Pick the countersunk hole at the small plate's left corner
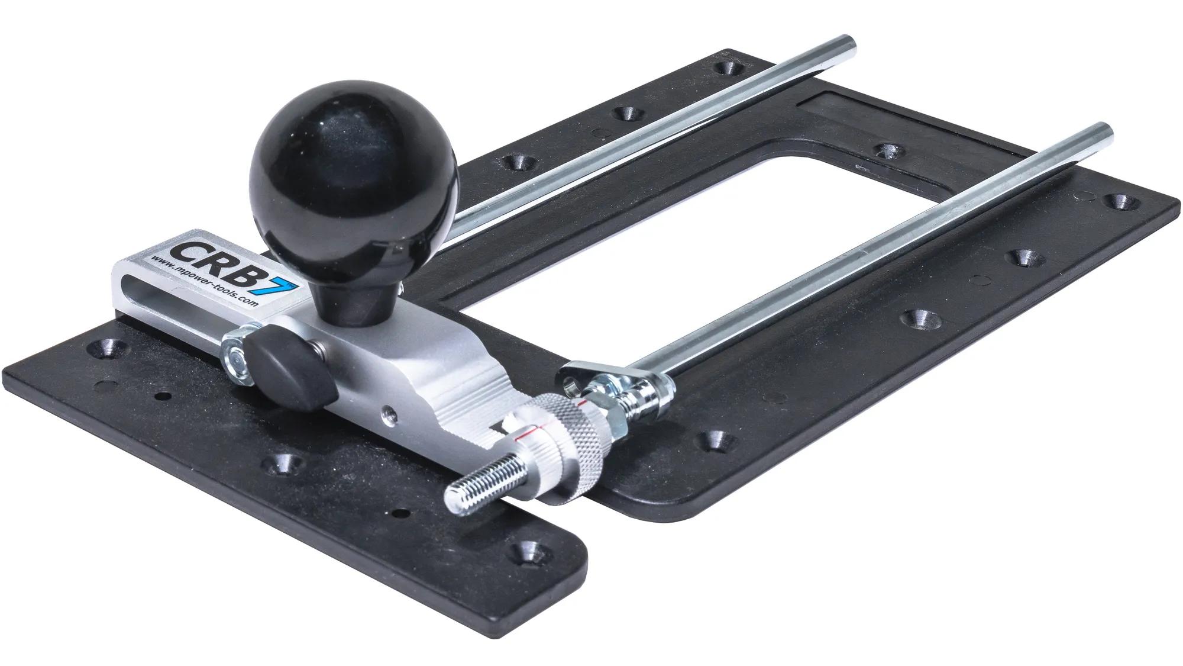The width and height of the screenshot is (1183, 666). [x=106, y=349]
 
